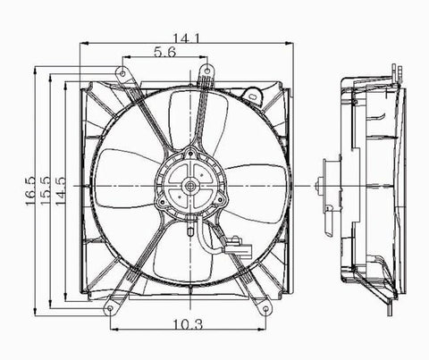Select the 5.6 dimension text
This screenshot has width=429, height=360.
[x=164, y=52]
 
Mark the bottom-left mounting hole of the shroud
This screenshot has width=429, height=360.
[x=109, y=309]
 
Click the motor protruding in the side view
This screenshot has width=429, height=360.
[x=331, y=187]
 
